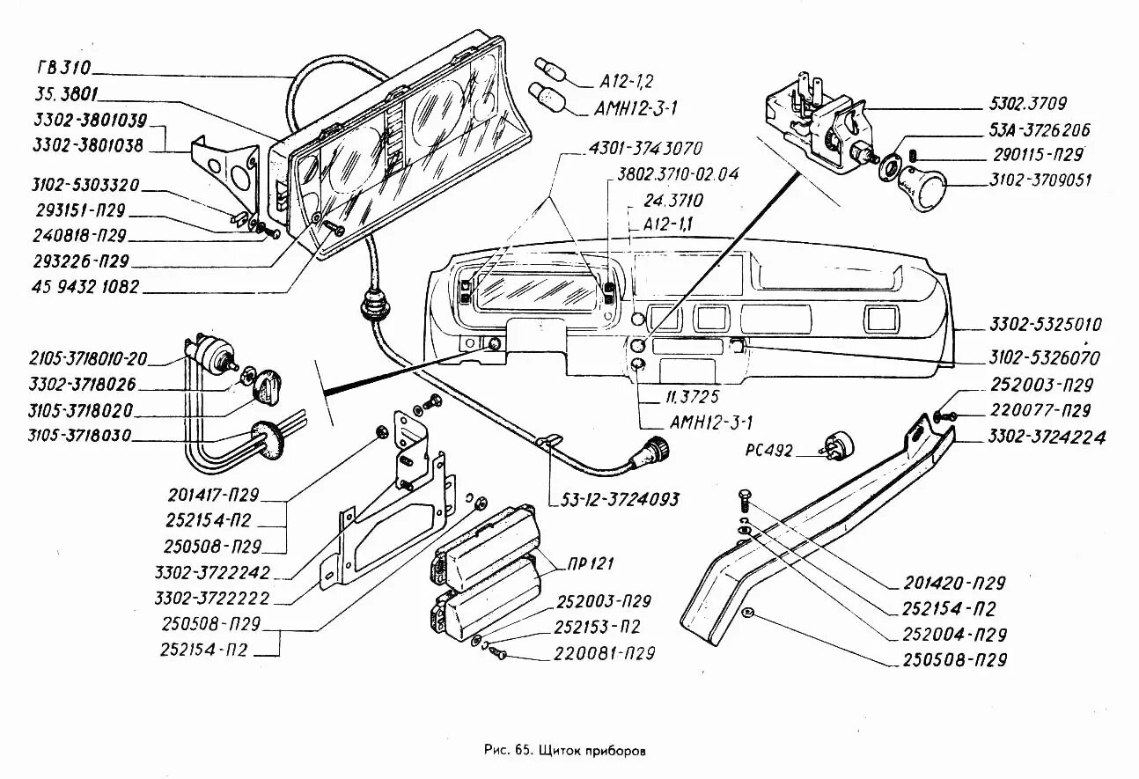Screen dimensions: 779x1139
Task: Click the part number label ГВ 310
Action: click(63, 67)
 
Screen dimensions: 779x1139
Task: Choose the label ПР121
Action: click(591, 563)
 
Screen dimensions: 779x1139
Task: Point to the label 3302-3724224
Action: click(1047, 437)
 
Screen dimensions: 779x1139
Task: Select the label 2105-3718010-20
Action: click(88, 359)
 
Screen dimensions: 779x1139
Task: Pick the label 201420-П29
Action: click(954, 583)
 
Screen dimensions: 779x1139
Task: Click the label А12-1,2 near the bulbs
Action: click(627, 82)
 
